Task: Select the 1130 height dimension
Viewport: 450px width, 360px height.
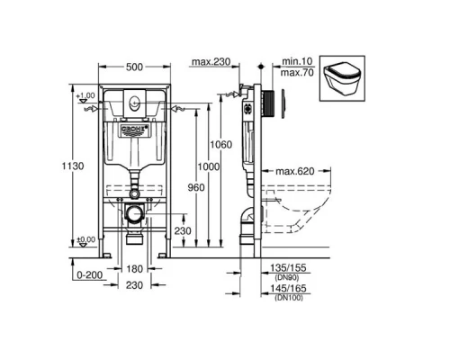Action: [x=58, y=165]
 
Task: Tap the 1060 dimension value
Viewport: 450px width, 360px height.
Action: [x=236, y=144]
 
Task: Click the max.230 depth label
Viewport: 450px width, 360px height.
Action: [x=210, y=63]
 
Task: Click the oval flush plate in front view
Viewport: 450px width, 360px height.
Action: [x=132, y=102]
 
